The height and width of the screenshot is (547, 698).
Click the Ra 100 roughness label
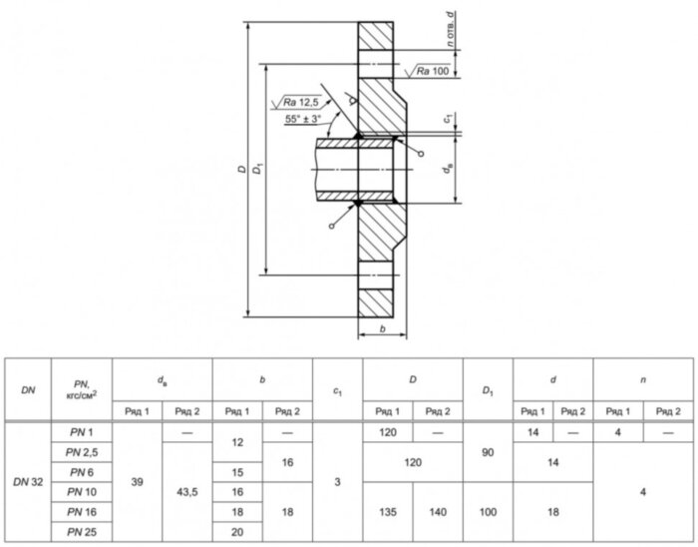(432, 71)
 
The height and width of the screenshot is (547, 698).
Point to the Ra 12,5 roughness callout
(301, 103)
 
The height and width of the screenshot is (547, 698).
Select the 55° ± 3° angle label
(303, 119)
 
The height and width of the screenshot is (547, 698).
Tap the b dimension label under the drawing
(382, 329)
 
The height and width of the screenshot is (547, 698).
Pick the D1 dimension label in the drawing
(257, 169)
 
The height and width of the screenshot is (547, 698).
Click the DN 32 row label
(28, 482)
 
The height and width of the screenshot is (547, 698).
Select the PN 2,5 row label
(82, 452)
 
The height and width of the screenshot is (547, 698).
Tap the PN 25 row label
(82, 532)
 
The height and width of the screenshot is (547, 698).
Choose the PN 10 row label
(82, 492)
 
